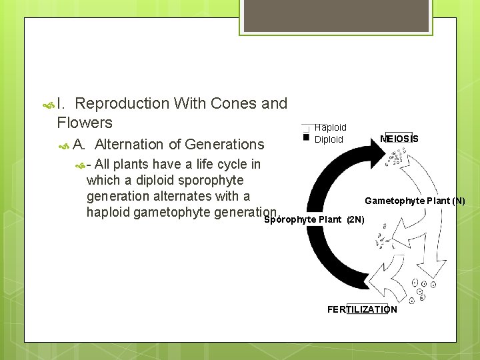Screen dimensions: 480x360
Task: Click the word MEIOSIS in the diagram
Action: click(x=399, y=139)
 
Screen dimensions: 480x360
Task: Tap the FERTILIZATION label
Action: click(x=362, y=309)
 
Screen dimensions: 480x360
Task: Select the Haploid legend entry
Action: click(x=330, y=127)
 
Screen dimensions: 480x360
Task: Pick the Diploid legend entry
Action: click(x=329, y=139)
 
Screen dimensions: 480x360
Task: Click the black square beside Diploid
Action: click(x=306, y=137)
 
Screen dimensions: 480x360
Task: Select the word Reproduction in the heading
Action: click(x=122, y=103)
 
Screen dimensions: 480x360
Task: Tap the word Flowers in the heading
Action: click(x=85, y=123)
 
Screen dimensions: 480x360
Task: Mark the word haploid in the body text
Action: click(x=109, y=212)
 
